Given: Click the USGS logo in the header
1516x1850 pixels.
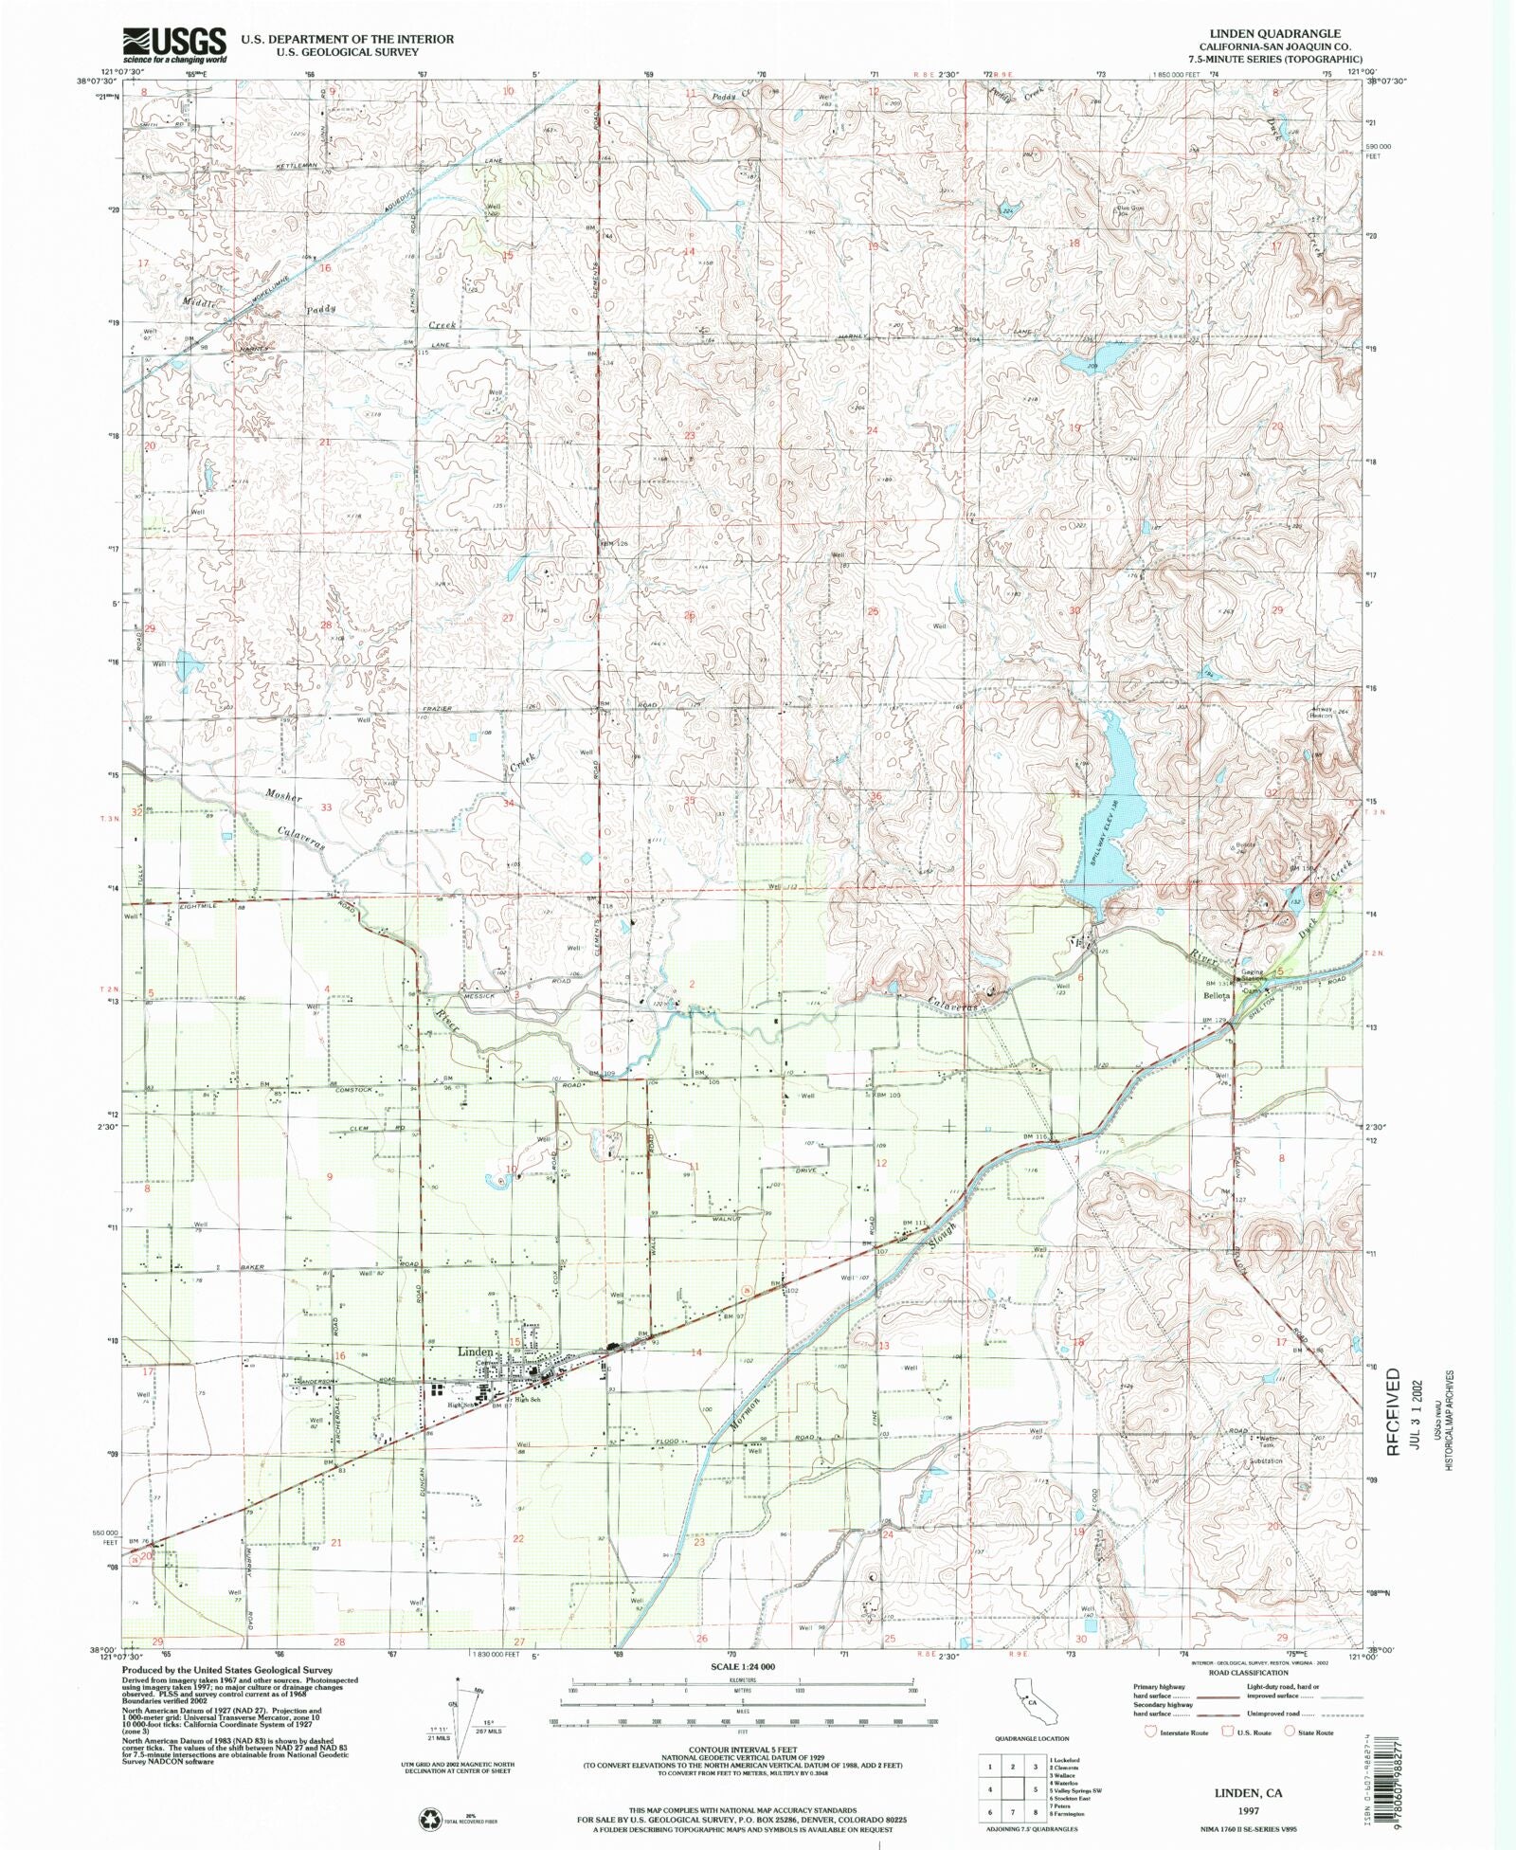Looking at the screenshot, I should (174, 44).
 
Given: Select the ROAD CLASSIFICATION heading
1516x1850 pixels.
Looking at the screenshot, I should (1250, 1673).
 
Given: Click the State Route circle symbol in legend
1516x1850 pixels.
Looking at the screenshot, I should (1289, 1732).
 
